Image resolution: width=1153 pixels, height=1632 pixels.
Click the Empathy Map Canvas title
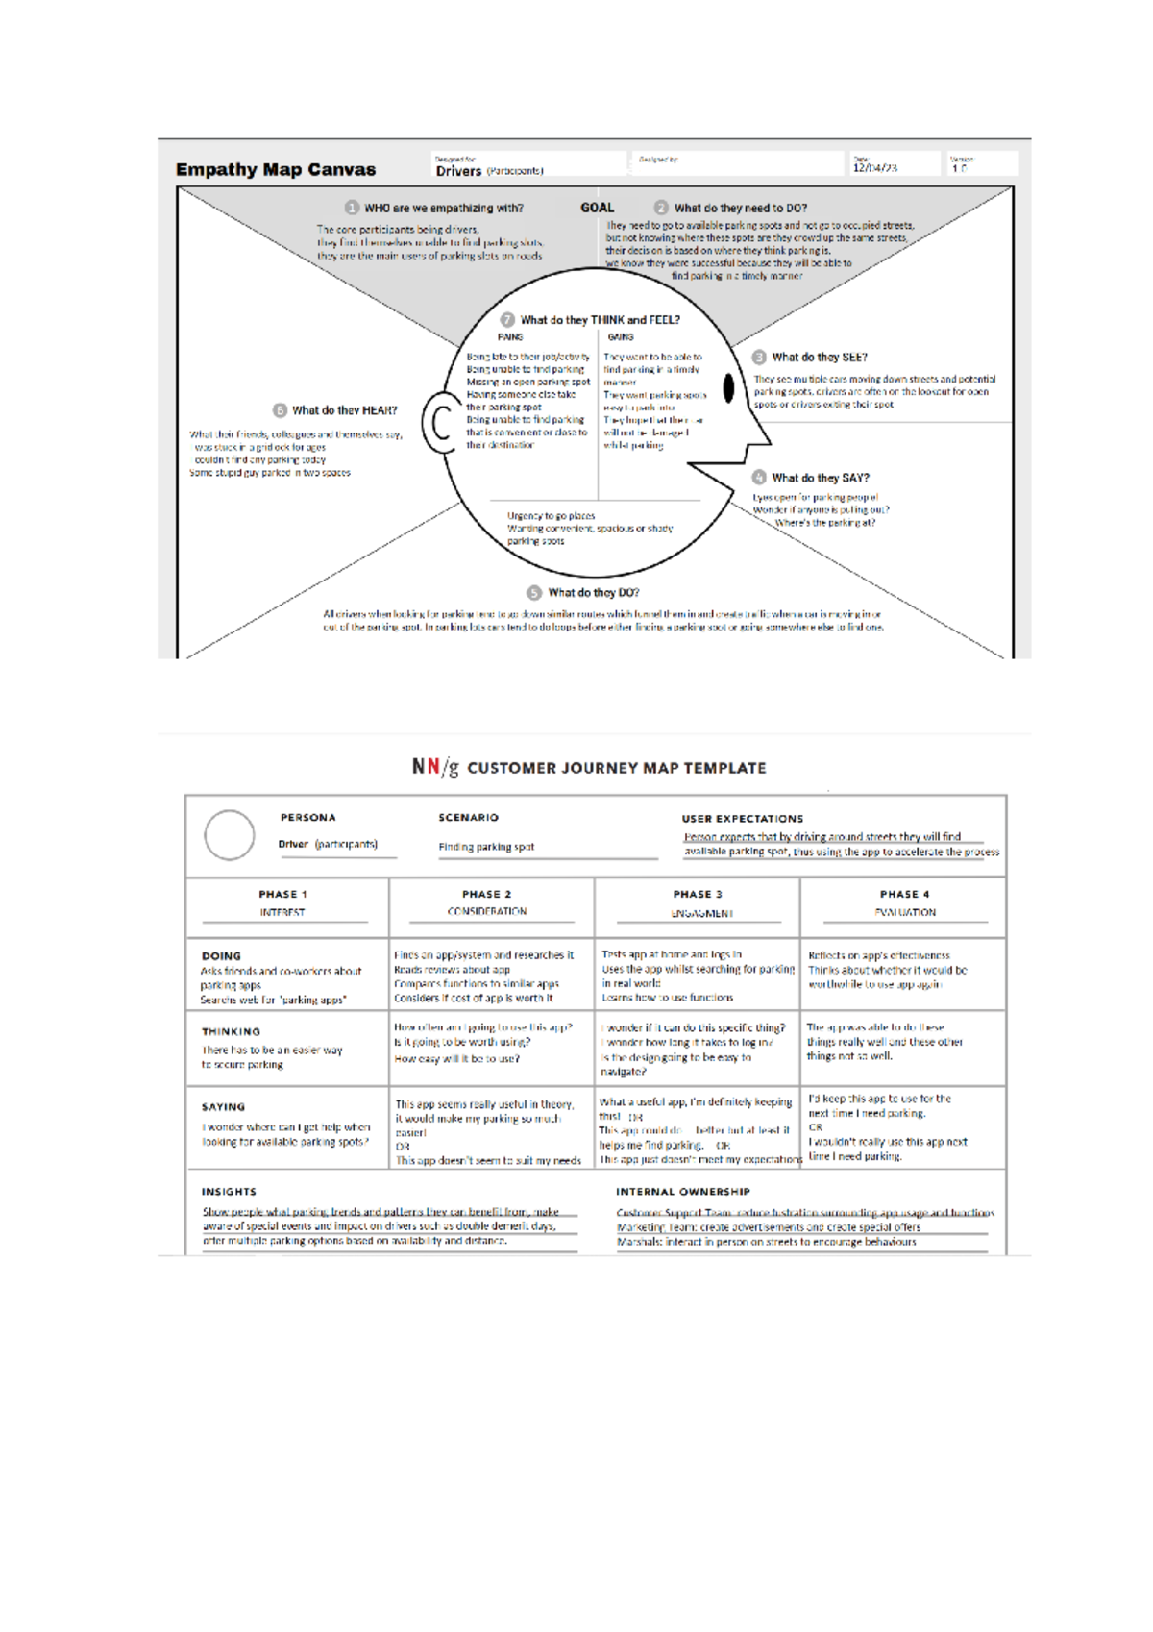(276, 170)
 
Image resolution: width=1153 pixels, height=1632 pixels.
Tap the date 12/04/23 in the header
(874, 167)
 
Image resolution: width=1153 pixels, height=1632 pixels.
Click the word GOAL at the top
(597, 208)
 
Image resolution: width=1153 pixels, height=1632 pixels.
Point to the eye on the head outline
(728, 387)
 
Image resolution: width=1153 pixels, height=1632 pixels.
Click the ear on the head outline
(439, 422)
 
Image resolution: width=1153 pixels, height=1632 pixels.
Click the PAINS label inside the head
(510, 337)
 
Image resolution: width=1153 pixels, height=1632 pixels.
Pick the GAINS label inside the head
(621, 337)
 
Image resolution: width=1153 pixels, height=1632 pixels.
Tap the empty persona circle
(230, 835)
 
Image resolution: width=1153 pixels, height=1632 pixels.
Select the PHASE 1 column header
(282, 894)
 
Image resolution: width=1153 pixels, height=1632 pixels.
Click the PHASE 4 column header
(904, 894)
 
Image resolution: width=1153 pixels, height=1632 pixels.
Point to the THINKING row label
(231, 1031)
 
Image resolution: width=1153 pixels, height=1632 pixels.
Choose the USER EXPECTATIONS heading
(742, 819)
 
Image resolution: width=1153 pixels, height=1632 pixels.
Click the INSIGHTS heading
(229, 1192)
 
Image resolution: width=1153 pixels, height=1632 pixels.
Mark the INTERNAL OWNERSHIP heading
(682, 1192)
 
